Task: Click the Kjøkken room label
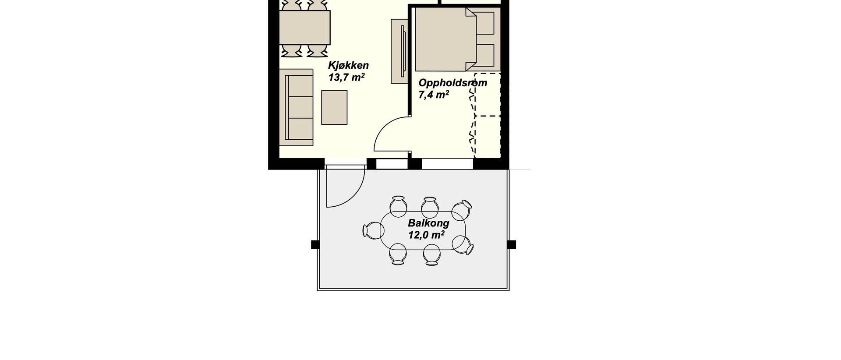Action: click(348, 66)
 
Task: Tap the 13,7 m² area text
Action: click(346, 78)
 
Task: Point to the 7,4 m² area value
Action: click(434, 95)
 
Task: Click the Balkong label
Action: click(428, 223)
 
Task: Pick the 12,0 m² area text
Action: click(426, 235)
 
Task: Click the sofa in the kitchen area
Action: click(297, 107)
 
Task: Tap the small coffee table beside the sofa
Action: click(334, 107)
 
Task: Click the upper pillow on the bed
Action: click(485, 23)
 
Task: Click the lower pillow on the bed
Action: click(485, 55)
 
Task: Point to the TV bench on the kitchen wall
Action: click(399, 51)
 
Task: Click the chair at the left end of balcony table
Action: click(373, 230)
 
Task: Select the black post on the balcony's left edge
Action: click(315, 244)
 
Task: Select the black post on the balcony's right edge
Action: click(512, 244)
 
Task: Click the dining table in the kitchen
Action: click(304, 27)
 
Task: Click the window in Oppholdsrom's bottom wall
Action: click(448, 164)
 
